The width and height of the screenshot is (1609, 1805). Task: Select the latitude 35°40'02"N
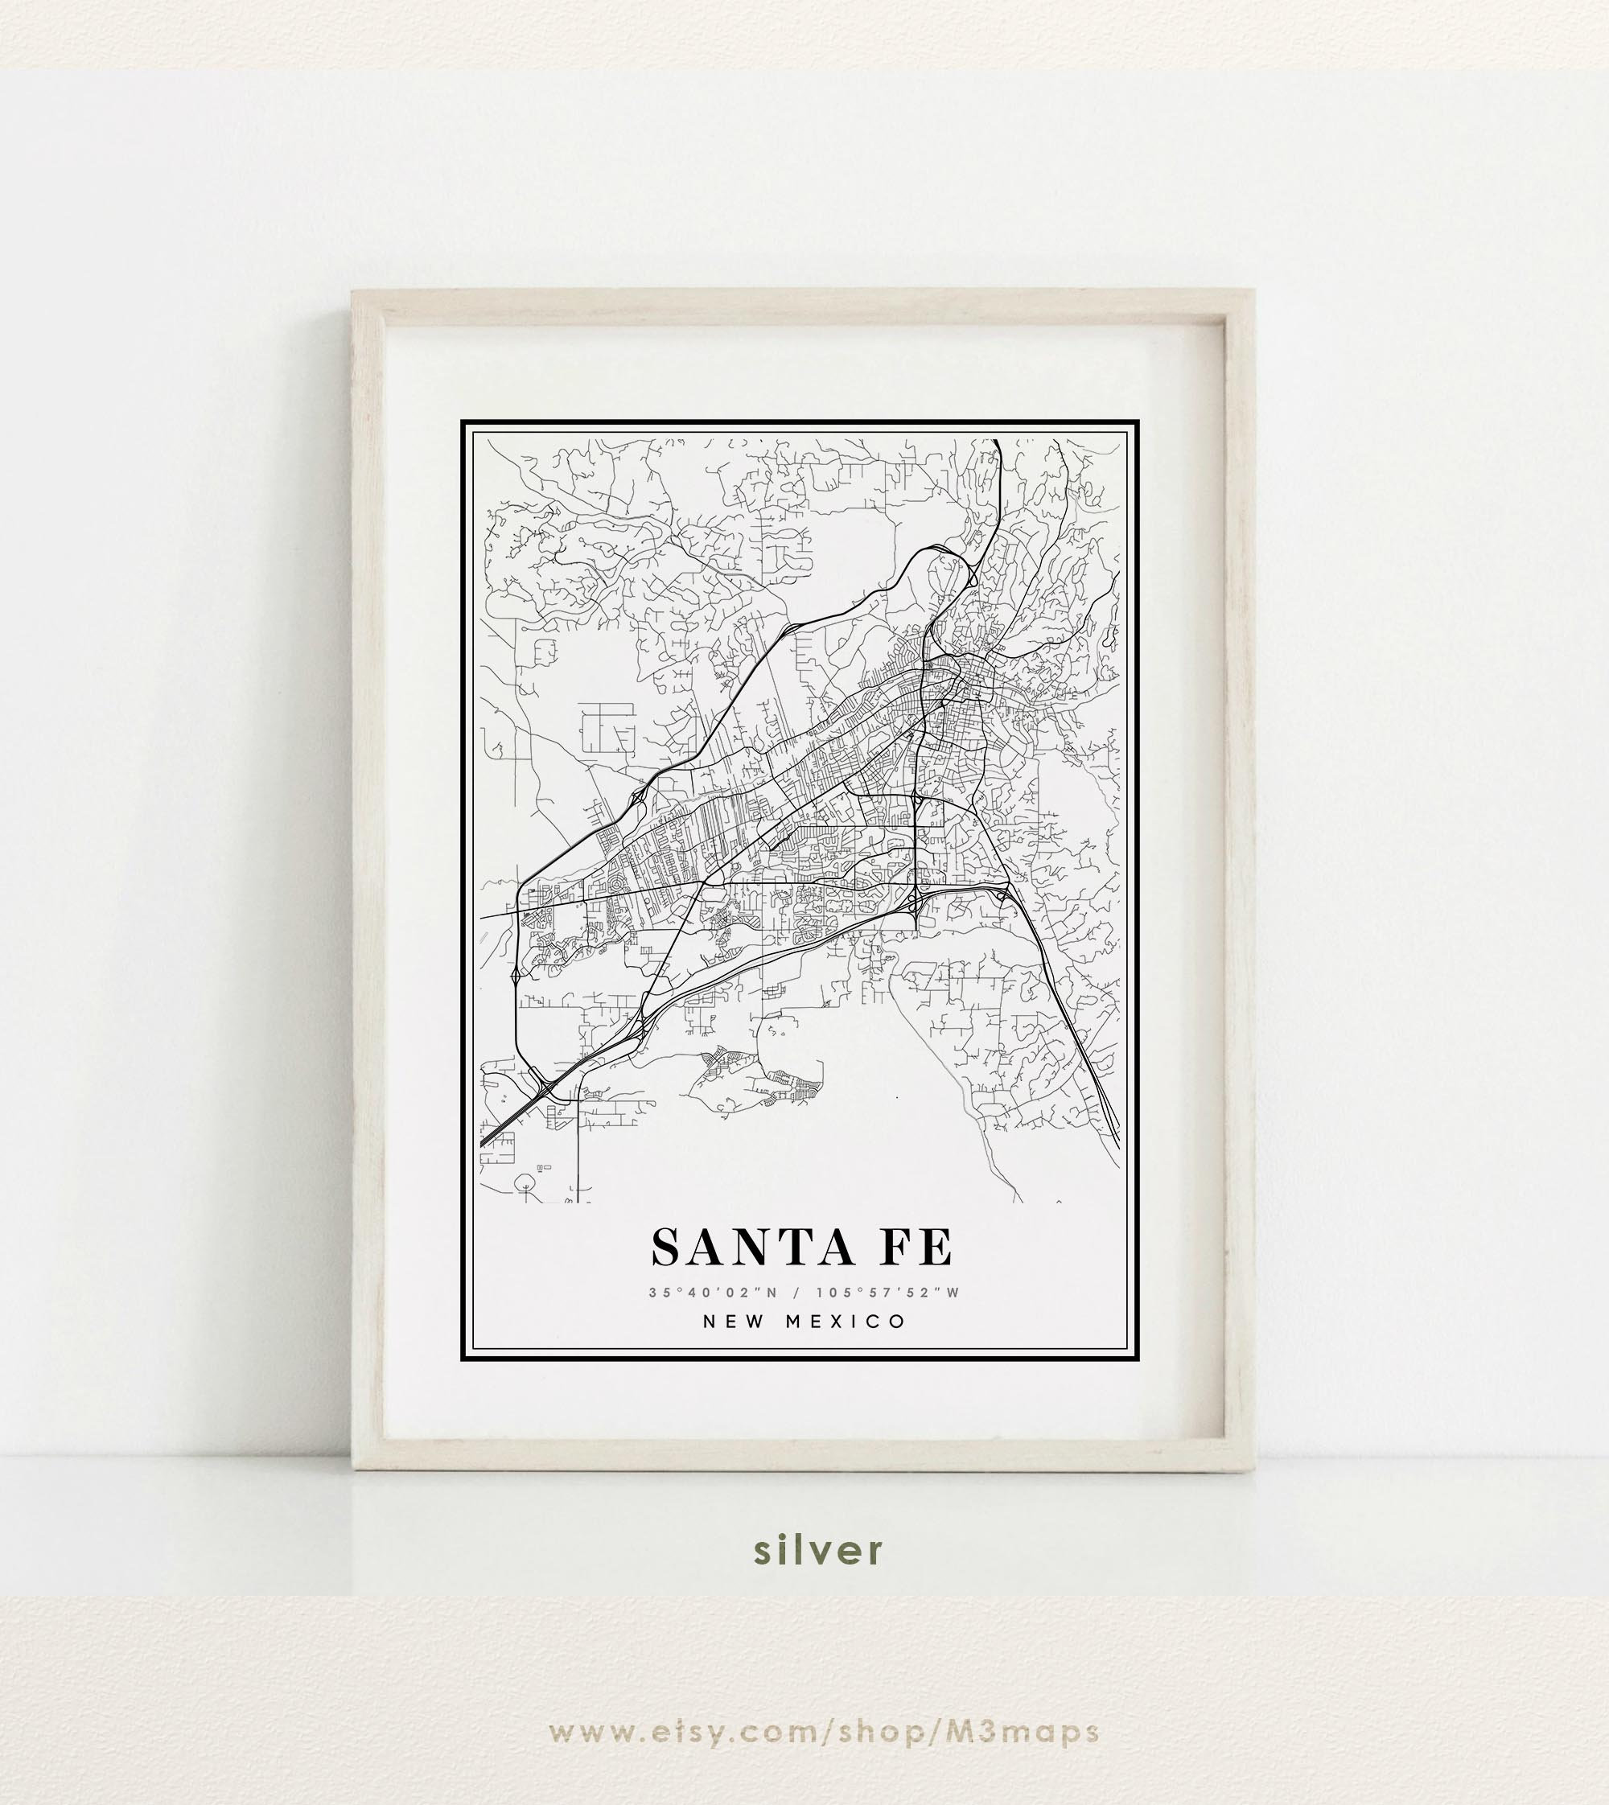pos(713,1293)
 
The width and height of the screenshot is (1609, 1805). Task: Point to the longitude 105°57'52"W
pos(887,1293)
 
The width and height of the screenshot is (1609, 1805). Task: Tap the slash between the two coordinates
pos(796,1293)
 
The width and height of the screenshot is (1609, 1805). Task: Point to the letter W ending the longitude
pos(953,1293)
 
